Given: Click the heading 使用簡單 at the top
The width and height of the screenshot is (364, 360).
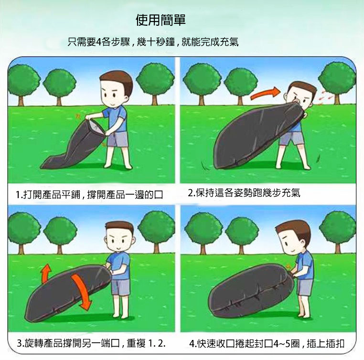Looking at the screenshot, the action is click(x=161, y=20).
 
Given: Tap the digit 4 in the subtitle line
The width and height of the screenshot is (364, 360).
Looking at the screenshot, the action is click(x=98, y=42).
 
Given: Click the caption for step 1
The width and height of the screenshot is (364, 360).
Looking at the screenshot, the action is click(x=89, y=195).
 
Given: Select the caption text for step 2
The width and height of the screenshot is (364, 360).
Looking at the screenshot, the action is click(x=244, y=193).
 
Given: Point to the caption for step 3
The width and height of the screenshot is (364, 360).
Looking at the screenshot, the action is click(x=91, y=343).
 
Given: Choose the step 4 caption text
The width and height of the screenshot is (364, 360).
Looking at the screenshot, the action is click(x=267, y=344).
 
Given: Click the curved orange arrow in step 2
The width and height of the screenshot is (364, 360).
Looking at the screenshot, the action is click(x=265, y=93).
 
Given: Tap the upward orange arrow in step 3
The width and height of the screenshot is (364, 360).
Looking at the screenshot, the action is click(x=46, y=273).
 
